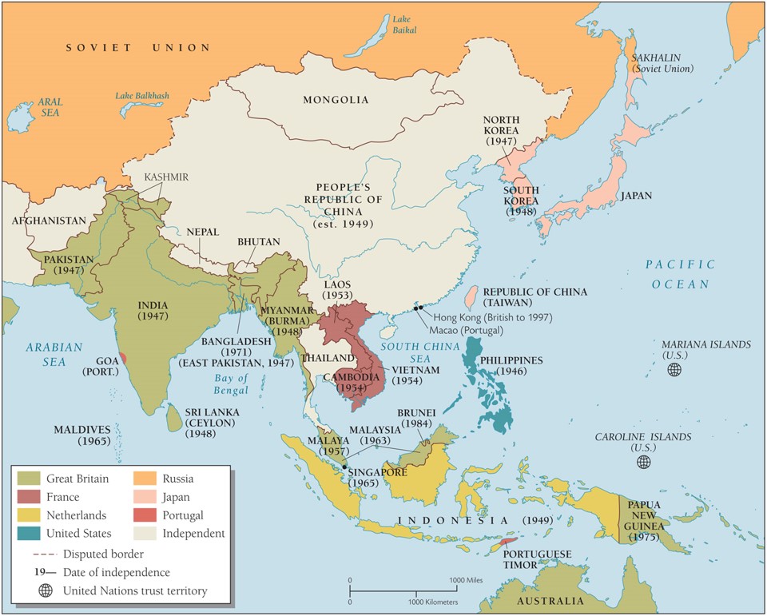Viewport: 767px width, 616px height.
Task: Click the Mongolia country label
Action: (336, 100)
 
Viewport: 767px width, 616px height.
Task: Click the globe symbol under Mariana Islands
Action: (675, 369)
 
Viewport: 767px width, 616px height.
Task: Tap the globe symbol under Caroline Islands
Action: (643, 462)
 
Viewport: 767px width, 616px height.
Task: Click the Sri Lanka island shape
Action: (174, 416)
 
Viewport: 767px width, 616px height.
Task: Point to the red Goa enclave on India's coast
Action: (121, 357)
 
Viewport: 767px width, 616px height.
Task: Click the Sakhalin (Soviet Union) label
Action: (662, 64)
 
